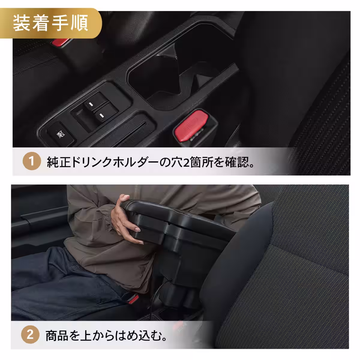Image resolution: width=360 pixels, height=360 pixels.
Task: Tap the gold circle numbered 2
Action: coord(30,335)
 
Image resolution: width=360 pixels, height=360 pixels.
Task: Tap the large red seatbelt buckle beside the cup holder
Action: coord(190,126)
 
